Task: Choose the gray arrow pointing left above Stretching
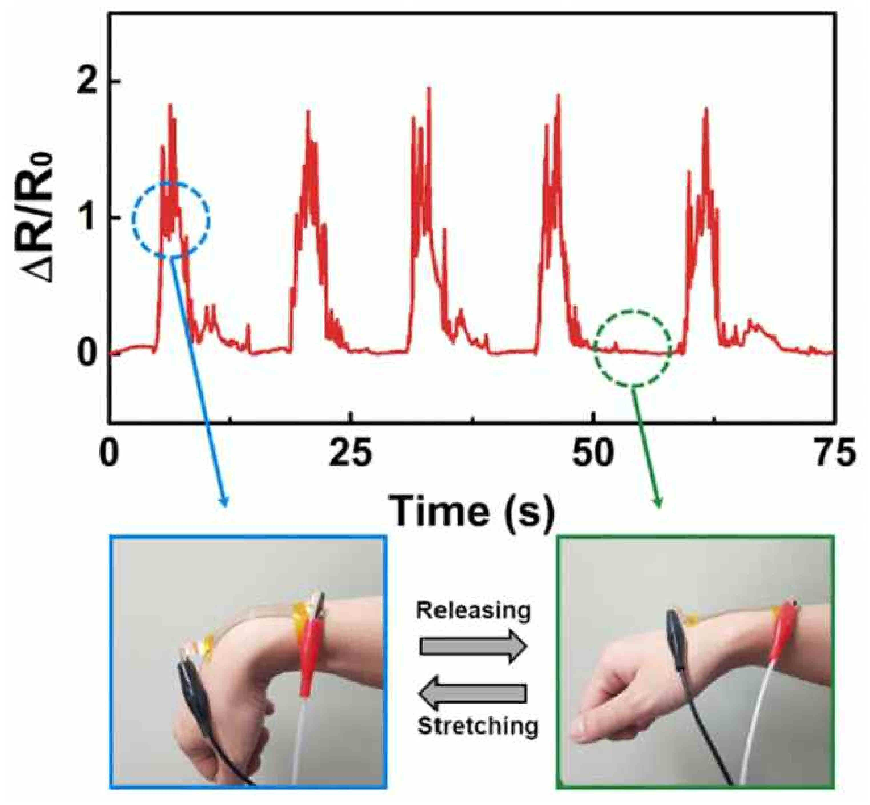(473, 692)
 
